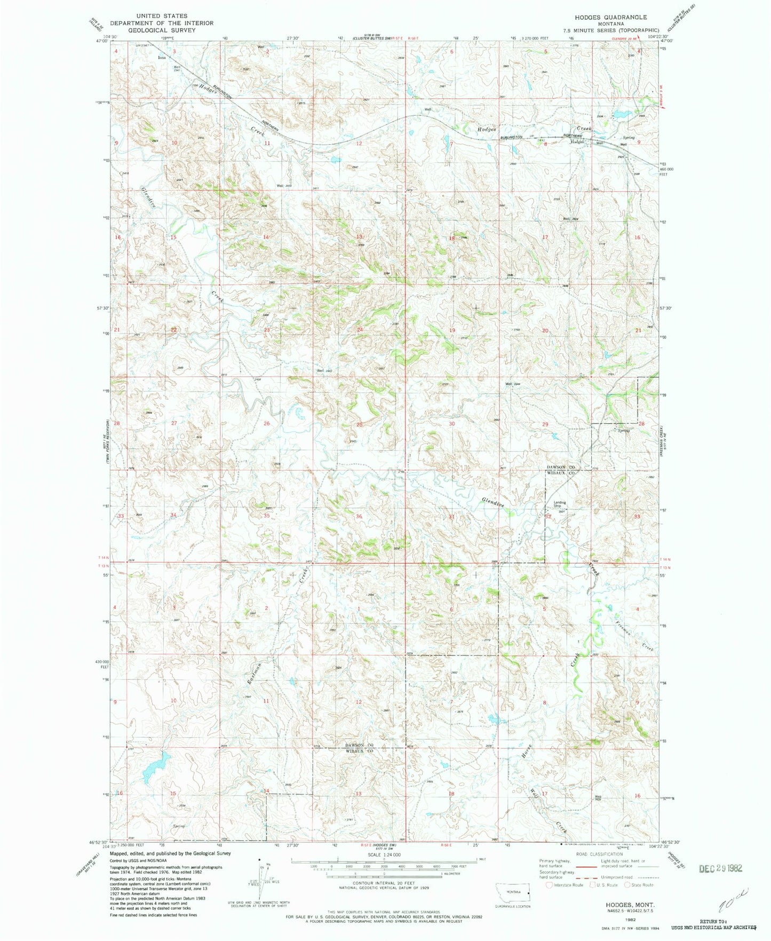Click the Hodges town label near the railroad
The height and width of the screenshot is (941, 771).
[x=577, y=142]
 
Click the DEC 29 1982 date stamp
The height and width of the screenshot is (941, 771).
[x=720, y=868]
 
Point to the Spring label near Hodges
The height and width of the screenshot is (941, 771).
[x=629, y=138]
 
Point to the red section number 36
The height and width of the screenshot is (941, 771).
[x=359, y=516]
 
